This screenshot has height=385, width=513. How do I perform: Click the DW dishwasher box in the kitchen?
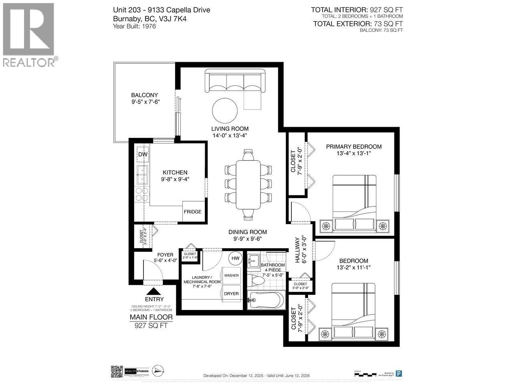pos(143,154)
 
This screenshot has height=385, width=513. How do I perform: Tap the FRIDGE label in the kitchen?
pos(192,212)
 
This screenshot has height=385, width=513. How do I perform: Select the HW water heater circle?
pos(235,258)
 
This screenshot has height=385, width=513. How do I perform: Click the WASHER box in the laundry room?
pos(231,276)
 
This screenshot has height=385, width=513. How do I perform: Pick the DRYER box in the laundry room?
pos(231,294)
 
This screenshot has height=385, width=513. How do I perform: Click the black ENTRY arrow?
pos(154,292)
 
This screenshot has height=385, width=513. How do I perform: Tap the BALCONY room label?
pos(144,95)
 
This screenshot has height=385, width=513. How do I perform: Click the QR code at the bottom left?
pos(116,372)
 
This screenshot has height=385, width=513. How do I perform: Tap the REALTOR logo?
pos(29,34)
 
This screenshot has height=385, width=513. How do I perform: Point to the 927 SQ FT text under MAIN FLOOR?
pos(151,325)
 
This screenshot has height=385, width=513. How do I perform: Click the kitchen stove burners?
pos(142,194)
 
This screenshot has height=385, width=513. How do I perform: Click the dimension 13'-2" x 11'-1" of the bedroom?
pos(353,267)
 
